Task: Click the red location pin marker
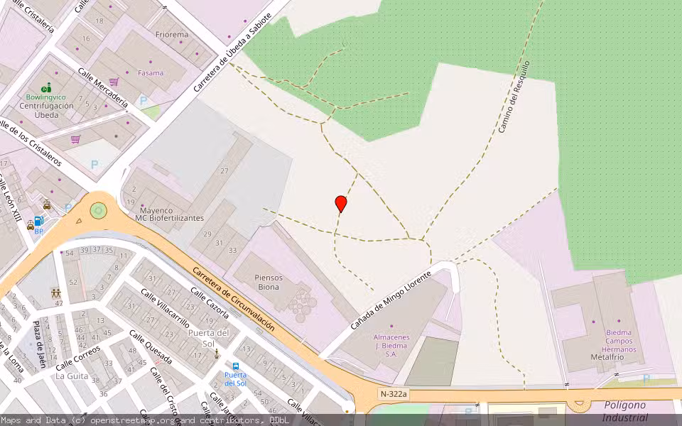point(341,203)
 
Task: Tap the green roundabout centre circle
point(98,210)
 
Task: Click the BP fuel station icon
point(39,222)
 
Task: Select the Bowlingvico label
point(45,97)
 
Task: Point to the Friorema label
point(171,34)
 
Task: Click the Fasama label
point(151,72)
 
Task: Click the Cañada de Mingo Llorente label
point(391,300)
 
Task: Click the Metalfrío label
point(607,357)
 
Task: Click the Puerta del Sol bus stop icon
point(236,367)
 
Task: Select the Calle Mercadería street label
point(103,88)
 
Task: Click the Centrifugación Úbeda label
point(46,110)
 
